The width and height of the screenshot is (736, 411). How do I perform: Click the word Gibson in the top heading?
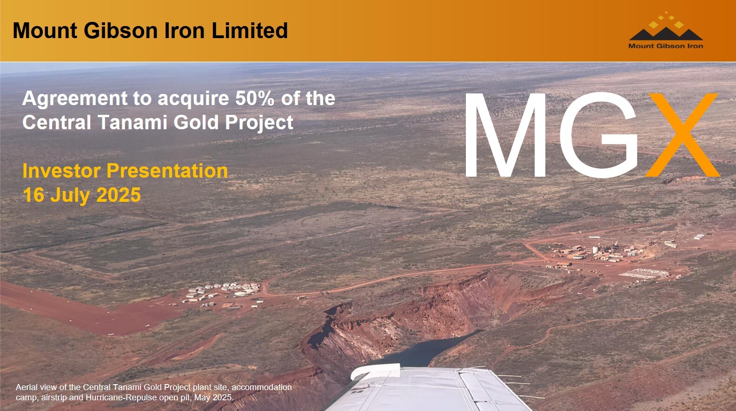tap(120, 31)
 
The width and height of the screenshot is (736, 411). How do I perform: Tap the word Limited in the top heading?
tap(250, 31)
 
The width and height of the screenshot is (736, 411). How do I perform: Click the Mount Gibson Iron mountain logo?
tap(666, 31)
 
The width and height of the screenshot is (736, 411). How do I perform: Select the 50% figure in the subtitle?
tap(255, 98)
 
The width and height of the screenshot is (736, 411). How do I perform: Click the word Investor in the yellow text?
tap(61, 171)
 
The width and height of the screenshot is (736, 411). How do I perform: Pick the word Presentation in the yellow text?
tap(167, 171)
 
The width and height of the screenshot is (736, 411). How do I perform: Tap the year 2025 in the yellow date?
tap(119, 195)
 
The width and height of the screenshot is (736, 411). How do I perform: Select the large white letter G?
tap(599, 135)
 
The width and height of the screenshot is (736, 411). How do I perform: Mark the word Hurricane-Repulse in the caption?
tap(121, 398)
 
